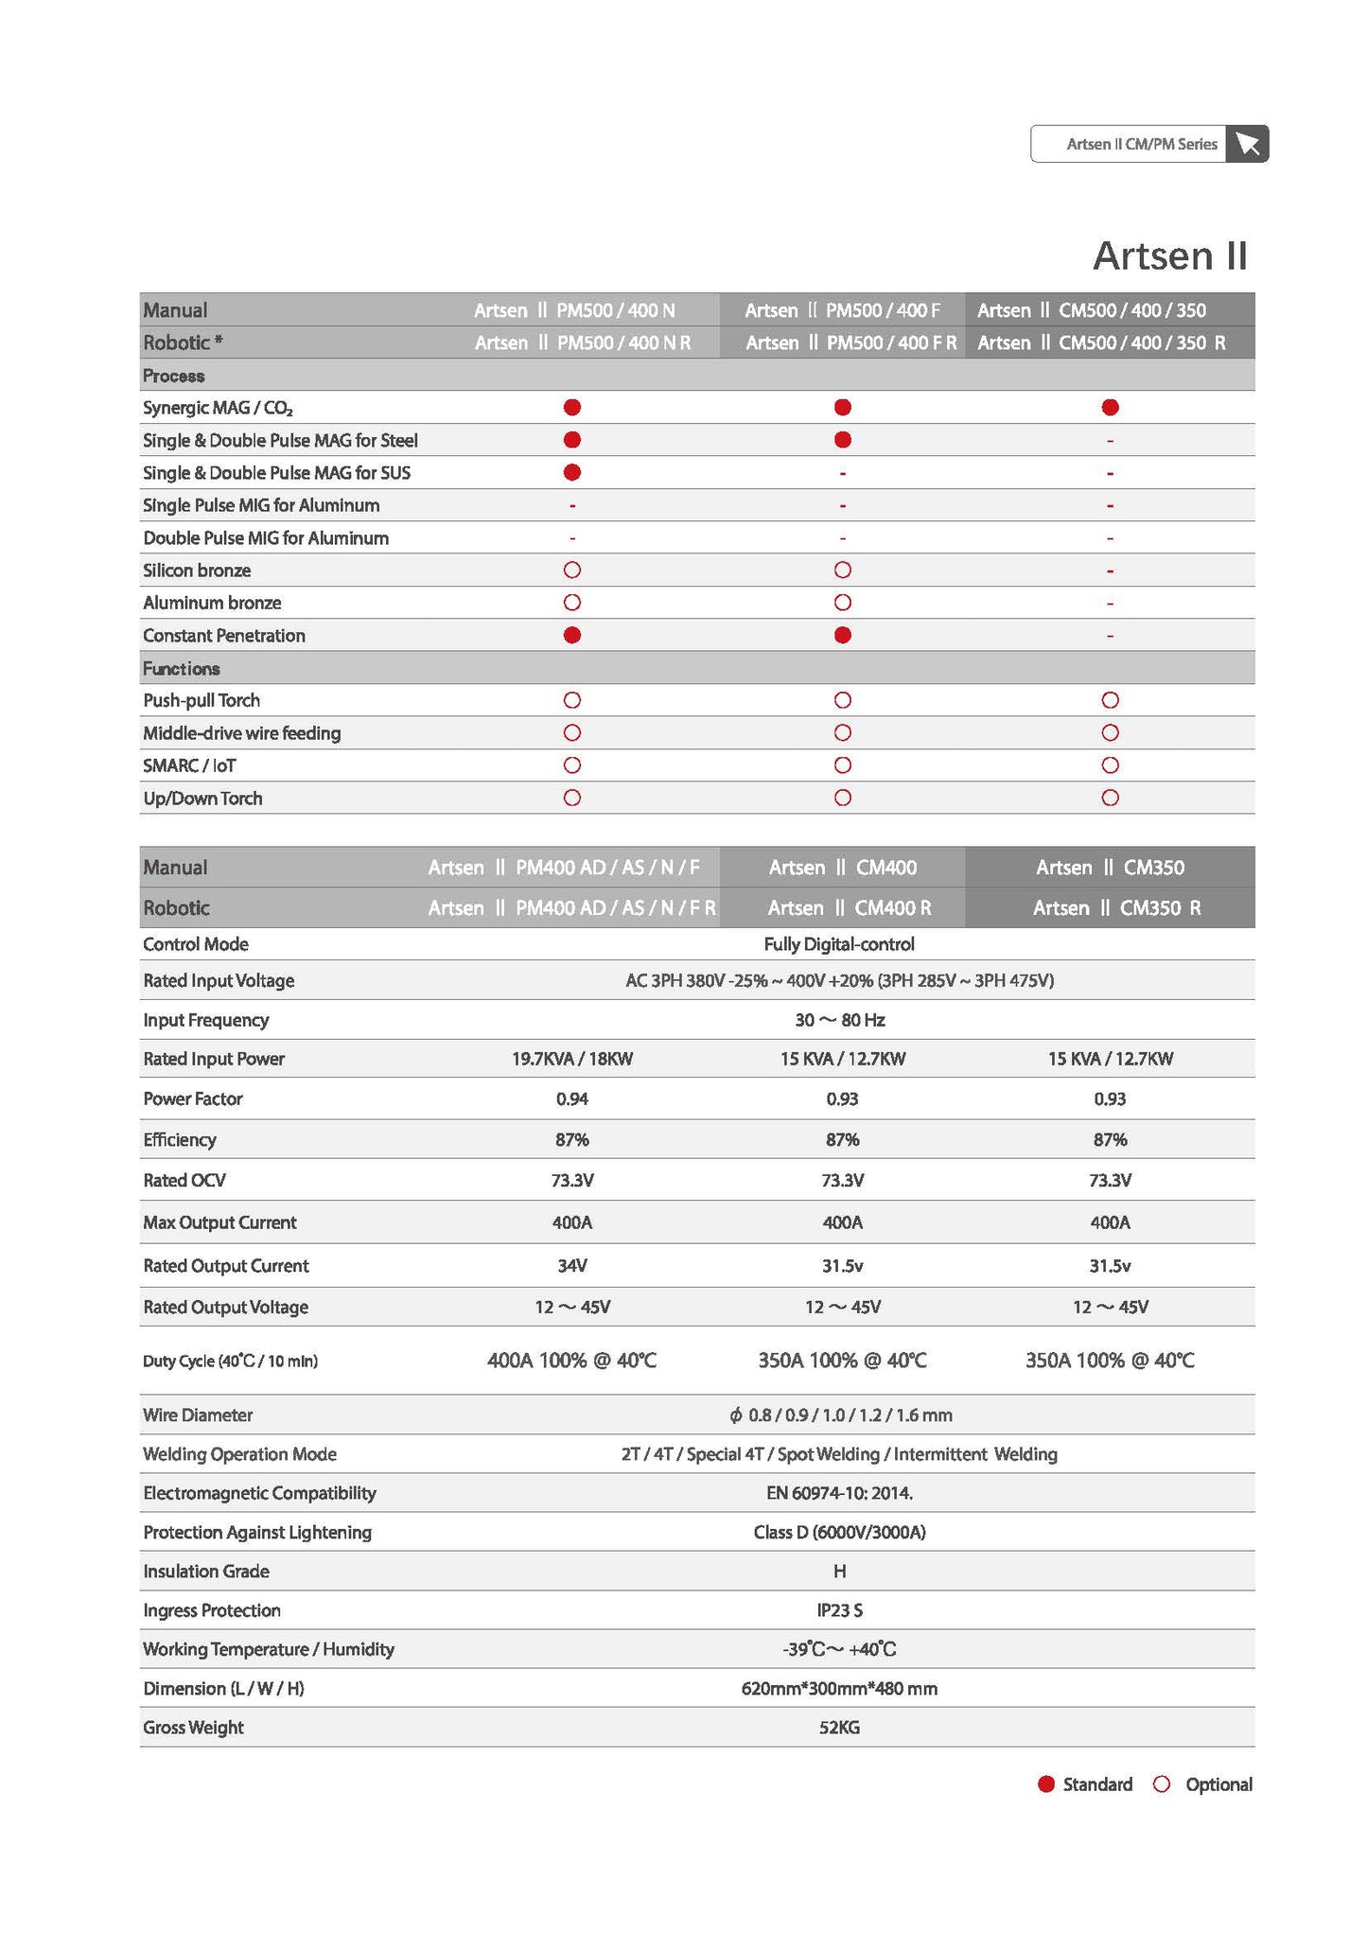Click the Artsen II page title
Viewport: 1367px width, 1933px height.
click(1169, 255)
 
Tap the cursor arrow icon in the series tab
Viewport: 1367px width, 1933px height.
click(1247, 144)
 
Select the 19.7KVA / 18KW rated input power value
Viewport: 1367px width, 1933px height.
click(571, 1059)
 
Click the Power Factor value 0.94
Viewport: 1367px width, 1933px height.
click(571, 1098)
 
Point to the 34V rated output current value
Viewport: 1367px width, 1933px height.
click(571, 1266)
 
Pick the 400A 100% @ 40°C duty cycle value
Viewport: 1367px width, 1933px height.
click(571, 1361)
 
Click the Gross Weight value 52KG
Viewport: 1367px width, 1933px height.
click(839, 1728)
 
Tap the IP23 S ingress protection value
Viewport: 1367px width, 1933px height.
click(839, 1610)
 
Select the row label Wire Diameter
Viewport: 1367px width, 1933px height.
click(198, 1415)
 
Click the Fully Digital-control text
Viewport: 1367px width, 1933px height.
click(839, 944)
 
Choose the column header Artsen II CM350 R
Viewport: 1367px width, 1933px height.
click(1116, 908)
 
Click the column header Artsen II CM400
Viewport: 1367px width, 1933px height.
click(842, 868)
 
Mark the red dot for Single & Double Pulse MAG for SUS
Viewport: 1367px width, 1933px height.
click(571, 472)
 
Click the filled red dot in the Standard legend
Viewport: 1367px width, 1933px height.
click(1045, 1784)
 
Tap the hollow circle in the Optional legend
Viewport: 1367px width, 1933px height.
click(1162, 1784)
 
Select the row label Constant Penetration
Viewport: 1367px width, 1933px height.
click(224, 636)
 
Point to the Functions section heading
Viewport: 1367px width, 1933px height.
click(182, 669)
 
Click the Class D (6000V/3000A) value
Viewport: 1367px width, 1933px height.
click(839, 1533)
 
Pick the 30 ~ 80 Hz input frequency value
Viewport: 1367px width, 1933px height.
click(839, 1020)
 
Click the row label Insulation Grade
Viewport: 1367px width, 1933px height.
click(206, 1572)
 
